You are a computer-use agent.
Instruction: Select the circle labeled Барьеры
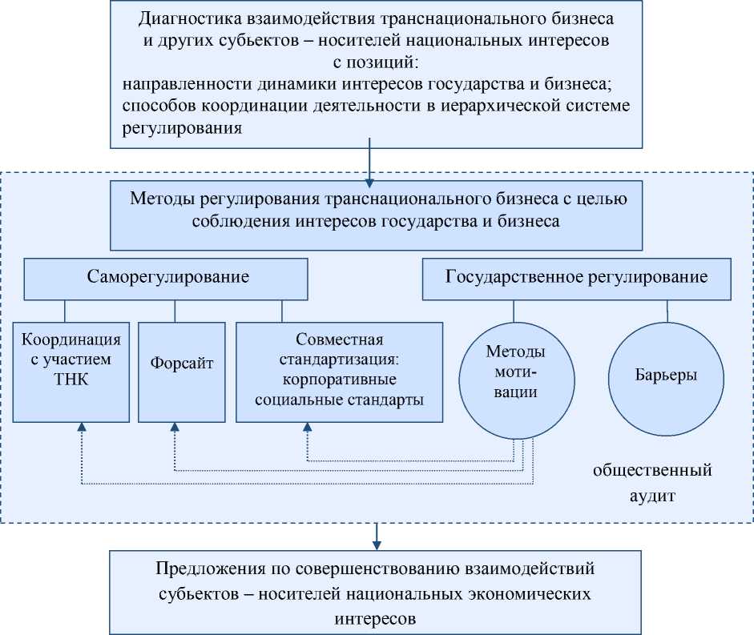pyautogui.click(x=664, y=375)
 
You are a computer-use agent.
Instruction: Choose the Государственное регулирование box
pyautogui.click(x=575, y=279)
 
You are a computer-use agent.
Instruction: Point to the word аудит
pyautogui.click(x=651, y=495)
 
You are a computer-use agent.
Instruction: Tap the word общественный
pyautogui.click(x=652, y=470)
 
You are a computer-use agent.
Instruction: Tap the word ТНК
pyautogui.click(x=72, y=380)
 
